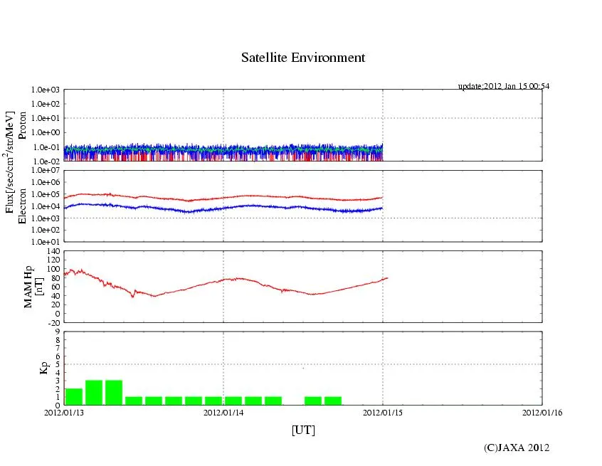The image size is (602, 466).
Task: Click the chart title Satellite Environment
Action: [303, 58]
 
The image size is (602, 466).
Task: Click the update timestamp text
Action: [503, 86]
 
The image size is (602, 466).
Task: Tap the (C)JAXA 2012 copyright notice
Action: [517, 448]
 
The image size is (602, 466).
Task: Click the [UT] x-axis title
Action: [303, 430]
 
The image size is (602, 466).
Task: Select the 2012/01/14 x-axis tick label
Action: [223, 411]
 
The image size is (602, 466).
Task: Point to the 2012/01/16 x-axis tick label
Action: [542, 411]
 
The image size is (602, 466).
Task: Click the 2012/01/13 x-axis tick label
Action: [64, 411]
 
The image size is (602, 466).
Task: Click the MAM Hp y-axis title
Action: [28, 282]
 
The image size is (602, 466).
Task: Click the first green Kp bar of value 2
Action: [74, 396]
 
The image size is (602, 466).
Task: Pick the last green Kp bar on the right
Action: [333, 401]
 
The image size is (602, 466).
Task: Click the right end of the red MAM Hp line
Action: [388, 277]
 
